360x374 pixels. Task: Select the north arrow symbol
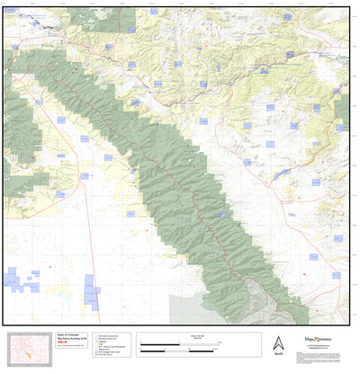(x=277, y=342)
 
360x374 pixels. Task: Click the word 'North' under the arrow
(x=277, y=354)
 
